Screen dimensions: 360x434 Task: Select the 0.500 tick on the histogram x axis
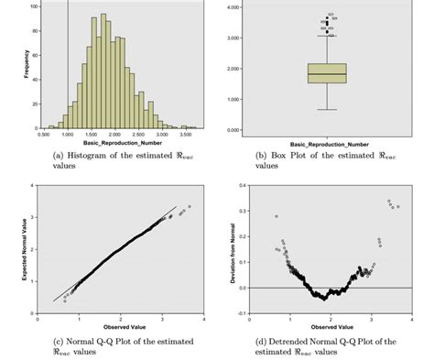43,134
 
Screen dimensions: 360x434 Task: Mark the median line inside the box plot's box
327,74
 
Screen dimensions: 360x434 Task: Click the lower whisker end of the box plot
327,110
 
